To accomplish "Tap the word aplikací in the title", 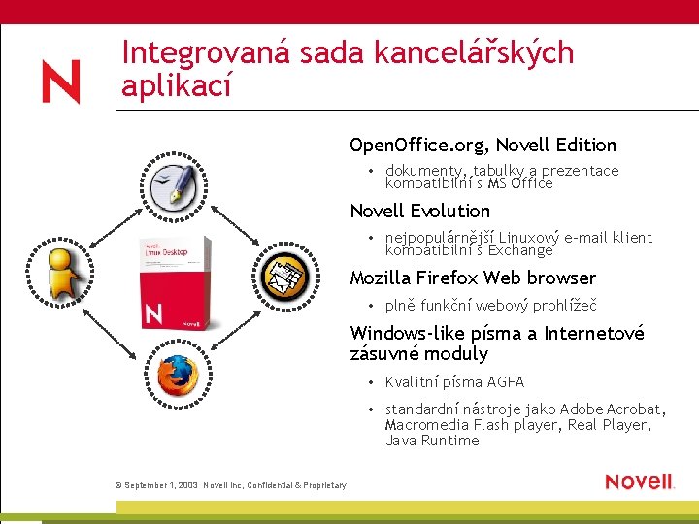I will click(x=177, y=86).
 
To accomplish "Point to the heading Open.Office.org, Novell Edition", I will click(x=483, y=146).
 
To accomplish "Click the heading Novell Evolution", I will click(x=419, y=212).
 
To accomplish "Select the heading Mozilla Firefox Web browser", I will click(x=473, y=278).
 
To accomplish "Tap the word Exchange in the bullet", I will click(x=515, y=250).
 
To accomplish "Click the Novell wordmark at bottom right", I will click(x=639, y=481).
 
